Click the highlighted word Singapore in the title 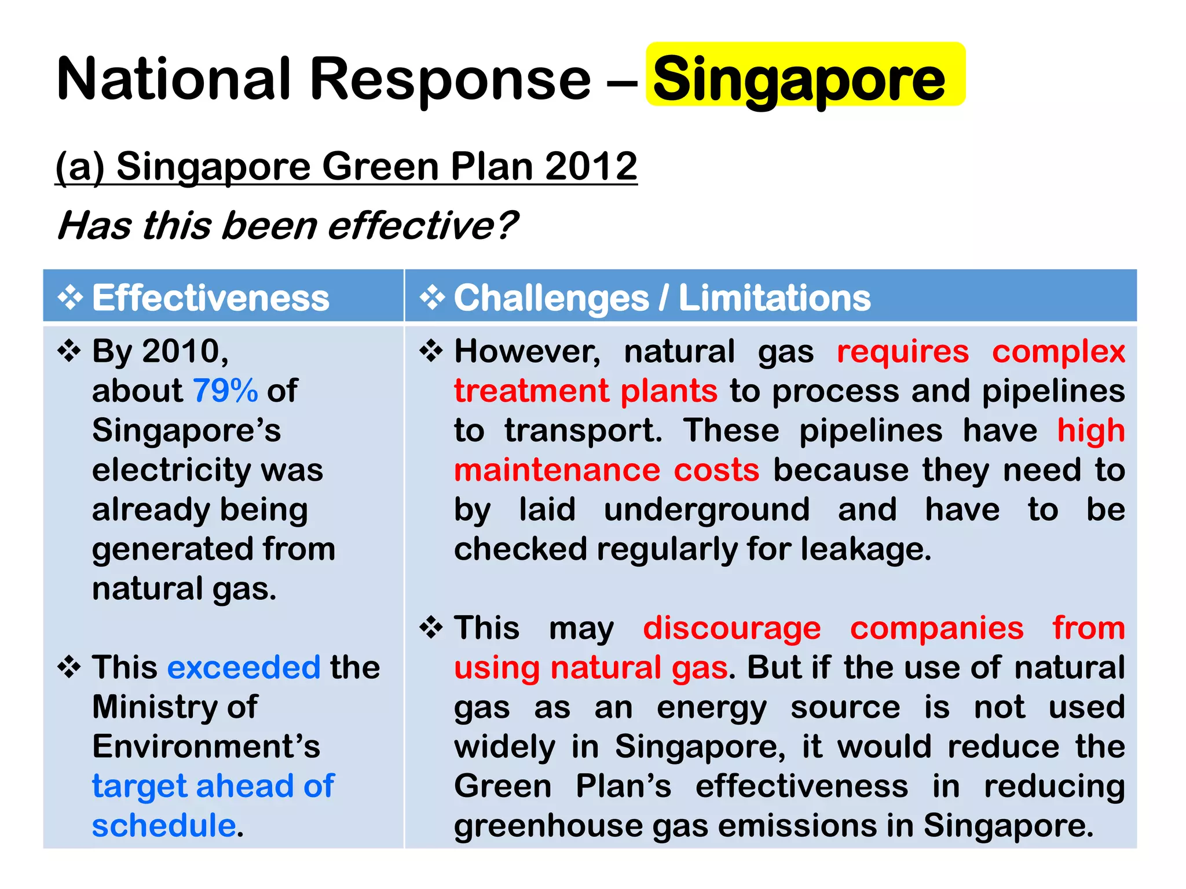point(799,79)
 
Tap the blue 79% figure point(225,391)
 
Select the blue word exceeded point(244,667)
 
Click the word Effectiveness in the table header point(211,298)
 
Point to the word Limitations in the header point(774,298)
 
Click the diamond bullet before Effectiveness point(70,298)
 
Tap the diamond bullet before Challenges point(432,298)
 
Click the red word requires point(903,352)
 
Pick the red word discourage point(732,628)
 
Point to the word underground point(707,510)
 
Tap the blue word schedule point(164,825)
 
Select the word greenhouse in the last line point(548,826)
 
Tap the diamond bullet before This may point(431,627)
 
